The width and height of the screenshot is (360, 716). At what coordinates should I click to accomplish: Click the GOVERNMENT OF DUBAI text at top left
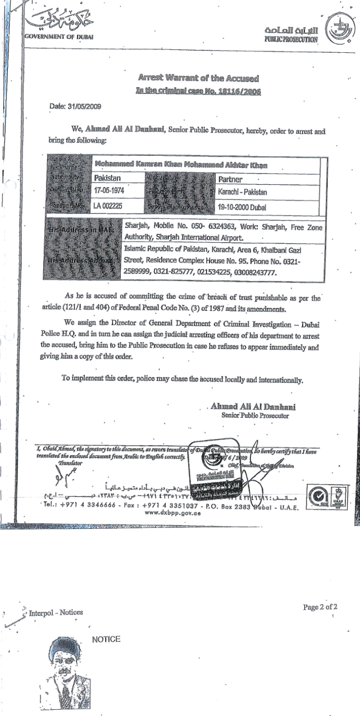(58, 37)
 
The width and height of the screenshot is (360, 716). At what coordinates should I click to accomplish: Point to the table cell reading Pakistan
(110, 178)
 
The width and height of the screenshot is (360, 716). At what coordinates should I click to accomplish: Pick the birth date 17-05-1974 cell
(110, 192)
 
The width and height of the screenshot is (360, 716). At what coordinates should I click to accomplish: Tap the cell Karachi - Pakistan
(243, 192)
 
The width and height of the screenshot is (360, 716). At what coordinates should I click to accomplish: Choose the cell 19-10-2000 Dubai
(243, 207)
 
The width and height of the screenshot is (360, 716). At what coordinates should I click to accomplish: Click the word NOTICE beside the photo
(106, 639)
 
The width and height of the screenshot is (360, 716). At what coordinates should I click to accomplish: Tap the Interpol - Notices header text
(55, 612)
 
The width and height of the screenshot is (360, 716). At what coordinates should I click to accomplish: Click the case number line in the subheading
(198, 90)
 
